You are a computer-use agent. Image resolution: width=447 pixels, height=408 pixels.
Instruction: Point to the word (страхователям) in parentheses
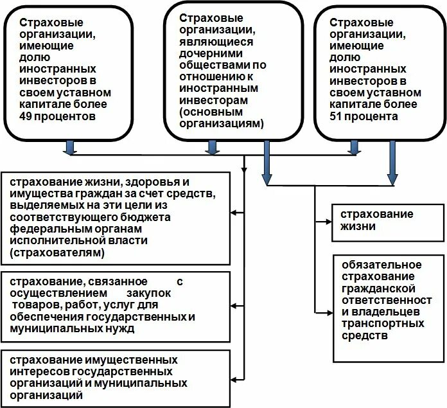56,254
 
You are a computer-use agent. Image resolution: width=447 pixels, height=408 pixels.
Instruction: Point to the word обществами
206,66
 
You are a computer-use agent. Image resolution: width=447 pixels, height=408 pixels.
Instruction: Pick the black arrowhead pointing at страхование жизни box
319,222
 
